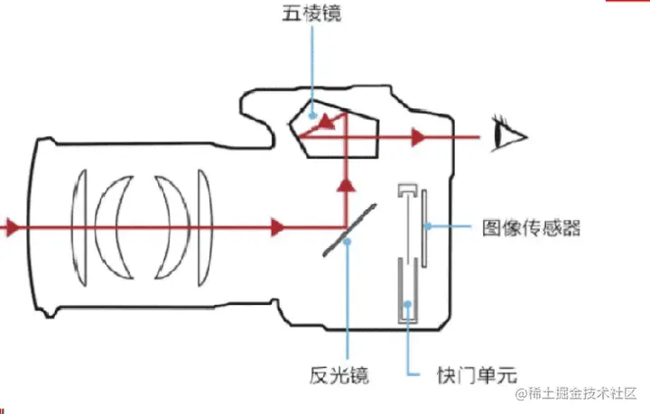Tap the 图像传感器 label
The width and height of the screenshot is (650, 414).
532,227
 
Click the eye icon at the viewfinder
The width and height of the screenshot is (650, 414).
510,136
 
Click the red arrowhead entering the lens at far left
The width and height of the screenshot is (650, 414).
10,226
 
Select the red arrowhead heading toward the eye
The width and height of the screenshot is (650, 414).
417,137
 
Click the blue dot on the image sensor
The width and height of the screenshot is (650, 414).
424,225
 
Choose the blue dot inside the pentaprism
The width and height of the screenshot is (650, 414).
311,115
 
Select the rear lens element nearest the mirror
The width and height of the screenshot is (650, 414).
204,226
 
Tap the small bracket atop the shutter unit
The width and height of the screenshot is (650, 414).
407,191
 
